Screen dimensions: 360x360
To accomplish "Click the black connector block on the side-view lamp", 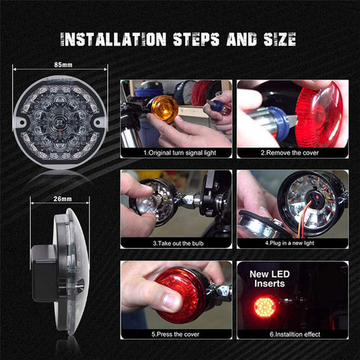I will pos(41,259).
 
